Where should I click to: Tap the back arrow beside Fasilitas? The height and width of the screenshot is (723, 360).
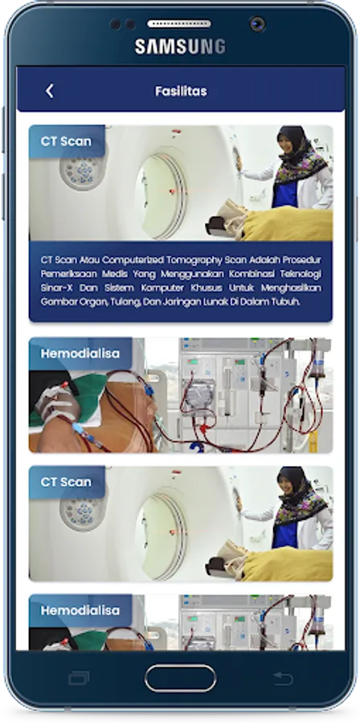[x=50, y=91]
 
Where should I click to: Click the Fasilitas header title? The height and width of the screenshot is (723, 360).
[x=181, y=91]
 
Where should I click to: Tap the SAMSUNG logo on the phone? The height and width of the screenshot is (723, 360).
[x=180, y=47]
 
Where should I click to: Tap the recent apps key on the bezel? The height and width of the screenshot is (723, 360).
[x=79, y=678]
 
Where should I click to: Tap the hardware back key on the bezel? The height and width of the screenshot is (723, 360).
[x=283, y=678]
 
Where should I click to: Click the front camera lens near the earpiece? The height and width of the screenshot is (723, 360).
[x=257, y=24]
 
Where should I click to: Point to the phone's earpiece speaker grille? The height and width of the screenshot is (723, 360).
[x=179, y=23]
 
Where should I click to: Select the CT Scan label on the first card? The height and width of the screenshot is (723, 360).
[x=66, y=141]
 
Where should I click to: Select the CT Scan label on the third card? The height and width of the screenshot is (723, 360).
[x=66, y=482]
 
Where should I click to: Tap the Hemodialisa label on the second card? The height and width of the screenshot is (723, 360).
[x=80, y=353]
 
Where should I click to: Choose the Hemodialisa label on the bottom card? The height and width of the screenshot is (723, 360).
[x=80, y=611]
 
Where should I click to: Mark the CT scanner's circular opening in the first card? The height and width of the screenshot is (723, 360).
[x=162, y=197]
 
